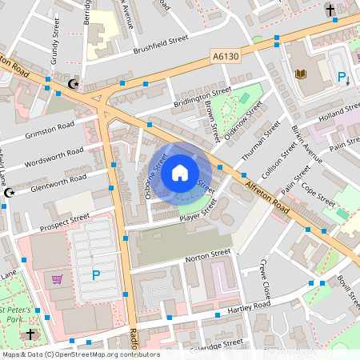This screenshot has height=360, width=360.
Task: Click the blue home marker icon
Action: (x=180, y=172)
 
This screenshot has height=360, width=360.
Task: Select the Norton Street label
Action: (x=207, y=255)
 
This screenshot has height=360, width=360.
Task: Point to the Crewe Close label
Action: (x=265, y=281)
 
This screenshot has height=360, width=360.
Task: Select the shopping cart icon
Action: (x=57, y=279)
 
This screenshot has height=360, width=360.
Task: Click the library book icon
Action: (x=302, y=74)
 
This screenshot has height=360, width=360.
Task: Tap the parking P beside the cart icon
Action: (x=96, y=276)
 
